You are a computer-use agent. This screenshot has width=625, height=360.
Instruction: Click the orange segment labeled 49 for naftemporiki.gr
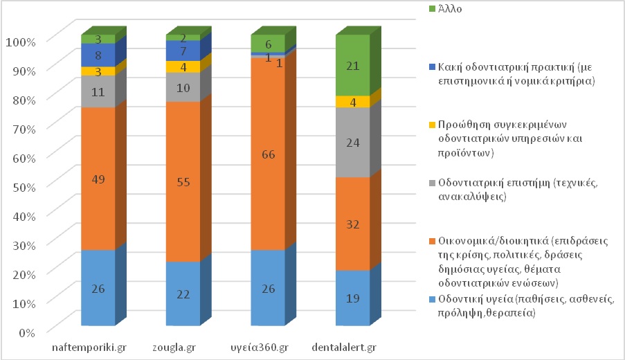[x=98, y=179]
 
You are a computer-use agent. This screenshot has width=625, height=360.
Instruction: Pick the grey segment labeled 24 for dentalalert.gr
[x=352, y=142]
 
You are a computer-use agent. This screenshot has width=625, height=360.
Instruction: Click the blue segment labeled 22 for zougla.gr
[x=183, y=294]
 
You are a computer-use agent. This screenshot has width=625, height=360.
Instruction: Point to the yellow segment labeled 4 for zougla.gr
[x=183, y=66]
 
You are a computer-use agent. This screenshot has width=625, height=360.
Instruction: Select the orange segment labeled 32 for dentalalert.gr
[x=352, y=224]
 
